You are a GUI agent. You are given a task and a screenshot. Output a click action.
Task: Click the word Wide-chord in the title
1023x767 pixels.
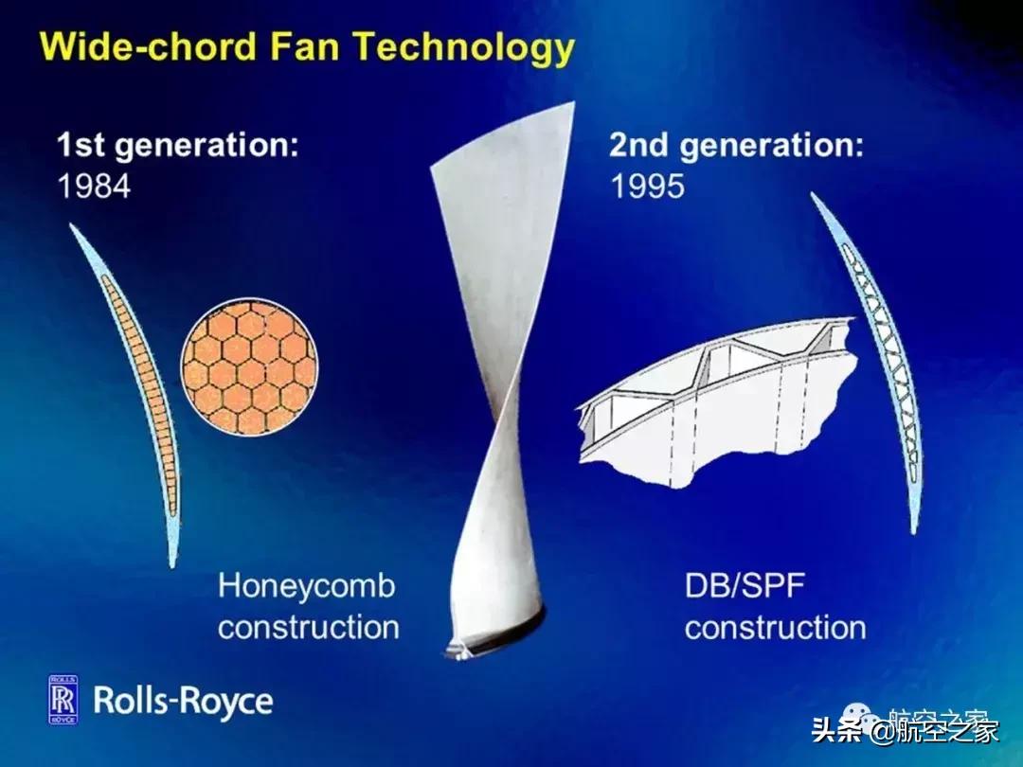[148, 47]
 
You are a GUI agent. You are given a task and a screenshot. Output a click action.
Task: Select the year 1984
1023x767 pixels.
[94, 186]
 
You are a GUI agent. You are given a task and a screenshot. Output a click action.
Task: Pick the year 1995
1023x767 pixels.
[647, 187]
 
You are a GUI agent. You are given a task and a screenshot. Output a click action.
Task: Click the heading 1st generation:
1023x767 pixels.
[177, 144]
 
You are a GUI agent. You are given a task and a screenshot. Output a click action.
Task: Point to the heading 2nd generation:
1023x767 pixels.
[736, 145]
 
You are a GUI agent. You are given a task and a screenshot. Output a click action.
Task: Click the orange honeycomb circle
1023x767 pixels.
[250, 367]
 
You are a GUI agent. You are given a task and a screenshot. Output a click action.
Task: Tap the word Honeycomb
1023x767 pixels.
[307, 586]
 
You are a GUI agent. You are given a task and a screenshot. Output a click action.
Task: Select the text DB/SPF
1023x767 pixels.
[745, 586]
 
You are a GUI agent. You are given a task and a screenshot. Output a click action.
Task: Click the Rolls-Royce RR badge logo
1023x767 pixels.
[63, 699]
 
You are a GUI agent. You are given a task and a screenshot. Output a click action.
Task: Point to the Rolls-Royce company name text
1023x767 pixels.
[184, 701]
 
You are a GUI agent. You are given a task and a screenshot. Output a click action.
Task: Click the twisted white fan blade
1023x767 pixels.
[501, 366]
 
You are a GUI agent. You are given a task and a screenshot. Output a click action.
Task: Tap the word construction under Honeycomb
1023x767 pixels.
[309, 628]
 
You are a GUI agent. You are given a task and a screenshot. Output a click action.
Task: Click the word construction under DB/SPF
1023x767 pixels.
[776, 628]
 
